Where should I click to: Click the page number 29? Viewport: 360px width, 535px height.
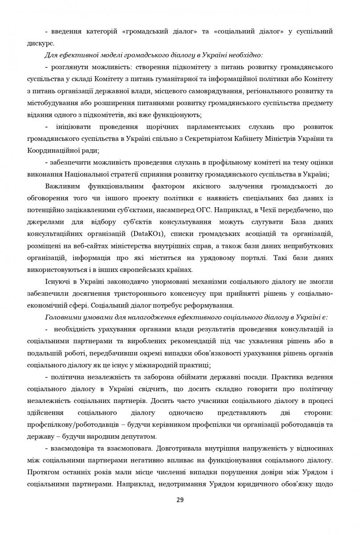click(180, 500)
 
